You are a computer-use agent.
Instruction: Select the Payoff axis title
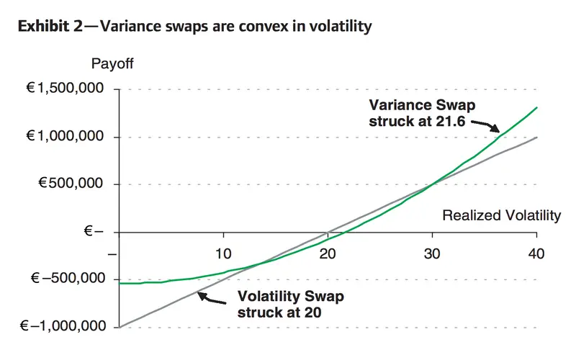point(112,63)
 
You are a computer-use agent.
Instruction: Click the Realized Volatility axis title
point(500,215)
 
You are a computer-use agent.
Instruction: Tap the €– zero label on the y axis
point(94,232)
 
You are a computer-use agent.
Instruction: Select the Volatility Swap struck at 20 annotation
point(291,304)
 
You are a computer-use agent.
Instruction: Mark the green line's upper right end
point(536,107)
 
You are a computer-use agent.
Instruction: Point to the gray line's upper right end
point(536,137)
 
